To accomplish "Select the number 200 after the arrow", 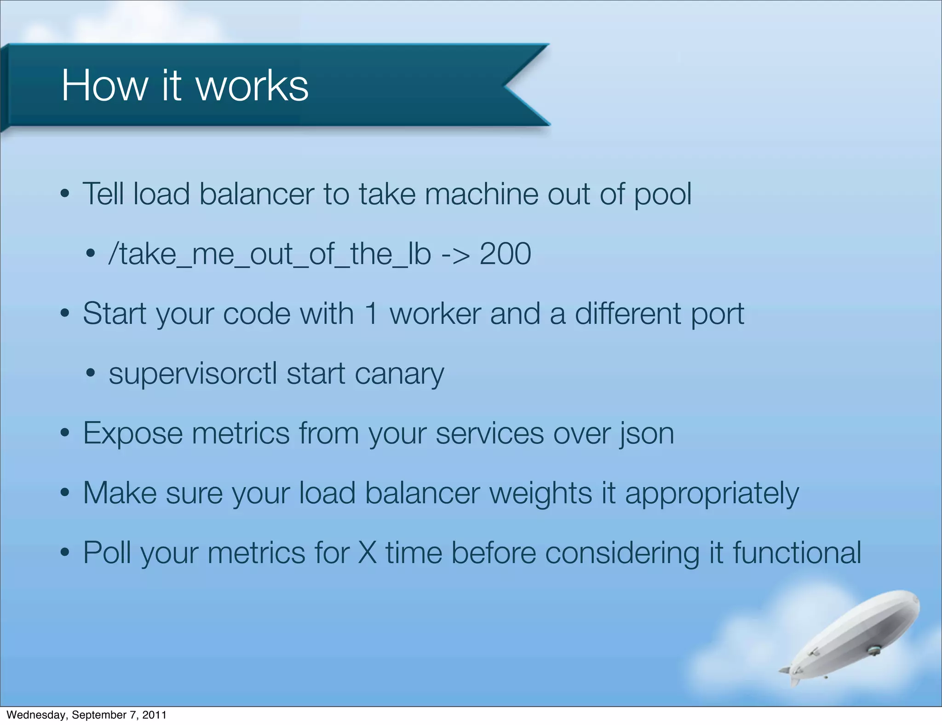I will click(505, 253).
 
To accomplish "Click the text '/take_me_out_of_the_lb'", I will click(270, 254).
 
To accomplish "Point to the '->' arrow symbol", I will click(455, 254).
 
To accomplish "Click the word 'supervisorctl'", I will click(193, 374).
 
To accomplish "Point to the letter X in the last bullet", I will click(368, 552).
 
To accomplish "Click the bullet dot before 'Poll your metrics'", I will click(65, 552).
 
